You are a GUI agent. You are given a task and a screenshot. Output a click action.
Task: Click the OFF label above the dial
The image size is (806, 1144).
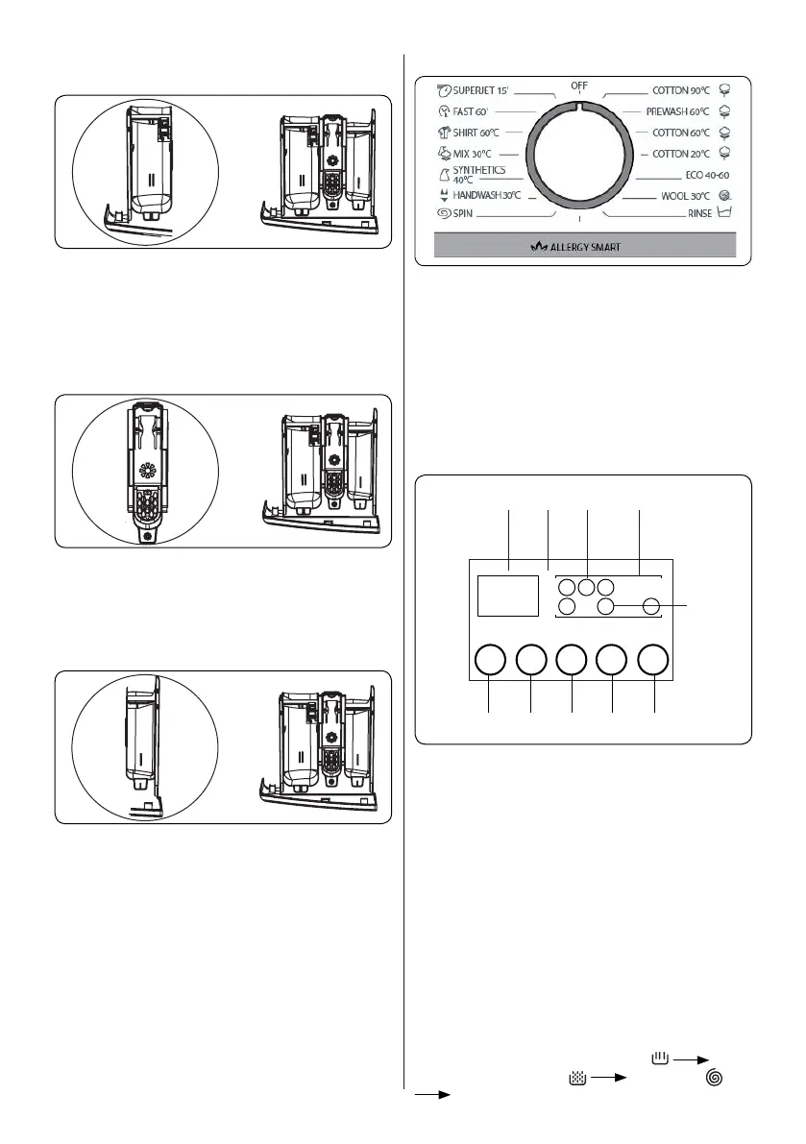point(579,85)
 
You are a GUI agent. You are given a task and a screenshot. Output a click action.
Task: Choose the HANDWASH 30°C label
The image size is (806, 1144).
point(487,195)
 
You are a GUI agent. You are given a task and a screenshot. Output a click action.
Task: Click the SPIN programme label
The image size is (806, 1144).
point(468,213)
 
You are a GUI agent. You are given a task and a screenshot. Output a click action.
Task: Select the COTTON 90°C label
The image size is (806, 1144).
point(680,90)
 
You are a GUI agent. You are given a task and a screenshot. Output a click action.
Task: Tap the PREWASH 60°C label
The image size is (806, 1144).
point(677,111)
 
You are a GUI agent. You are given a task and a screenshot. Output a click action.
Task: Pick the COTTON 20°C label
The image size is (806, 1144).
point(680,153)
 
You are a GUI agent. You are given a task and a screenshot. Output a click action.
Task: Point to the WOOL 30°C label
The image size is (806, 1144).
point(684,196)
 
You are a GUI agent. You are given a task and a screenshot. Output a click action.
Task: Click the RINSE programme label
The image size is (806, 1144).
point(699,214)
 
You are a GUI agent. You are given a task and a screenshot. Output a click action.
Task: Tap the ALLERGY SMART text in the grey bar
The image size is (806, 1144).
point(584,247)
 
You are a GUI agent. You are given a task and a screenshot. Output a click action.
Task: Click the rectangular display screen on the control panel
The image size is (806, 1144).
point(507,596)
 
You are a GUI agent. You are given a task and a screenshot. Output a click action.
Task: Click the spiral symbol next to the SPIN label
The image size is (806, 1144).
point(444,213)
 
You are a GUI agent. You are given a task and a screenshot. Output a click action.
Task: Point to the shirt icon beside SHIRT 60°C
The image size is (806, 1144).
point(444,132)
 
